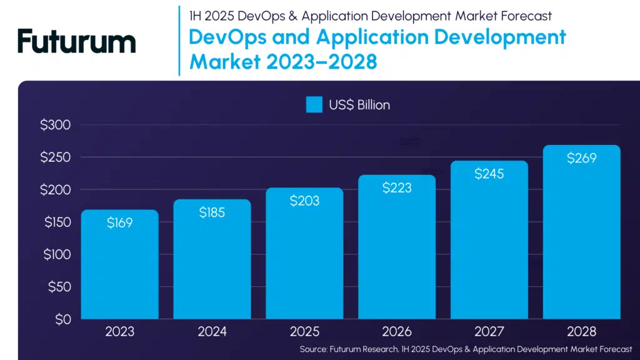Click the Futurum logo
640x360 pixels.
click(x=77, y=41)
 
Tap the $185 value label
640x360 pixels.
click(x=212, y=212)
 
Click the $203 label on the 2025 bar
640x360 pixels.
click(x=304, y=201)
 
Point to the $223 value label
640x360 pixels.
click(x=397, y=187)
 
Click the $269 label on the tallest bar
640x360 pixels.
click(x=582, y=158)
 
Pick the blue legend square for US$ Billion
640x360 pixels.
click(x=314, y=105)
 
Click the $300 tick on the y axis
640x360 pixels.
click(x=56, y=125)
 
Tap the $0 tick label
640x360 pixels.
click(x=61, y=319)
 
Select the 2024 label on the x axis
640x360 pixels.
click(x=212, y=332)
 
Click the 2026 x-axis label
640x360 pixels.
click(x=397, y=332)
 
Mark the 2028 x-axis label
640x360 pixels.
click(x=582, y=332)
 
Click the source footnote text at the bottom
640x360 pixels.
click(x=466, y=349)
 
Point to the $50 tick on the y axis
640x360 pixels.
click(x=59, y=287)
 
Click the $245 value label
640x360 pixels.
click(x=489, y=174)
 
